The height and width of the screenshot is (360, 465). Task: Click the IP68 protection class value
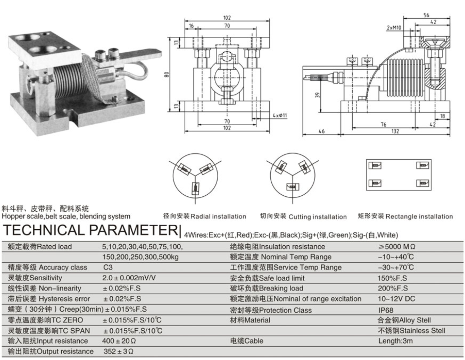[x=386, y=310]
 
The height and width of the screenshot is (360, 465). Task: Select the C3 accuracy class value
[x=108, y=267]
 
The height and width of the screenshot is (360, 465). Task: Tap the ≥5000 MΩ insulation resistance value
[x=397, y=247]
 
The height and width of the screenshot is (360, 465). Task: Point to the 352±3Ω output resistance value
[x=118, y=351]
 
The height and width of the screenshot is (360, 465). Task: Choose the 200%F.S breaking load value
[x=393, y=288]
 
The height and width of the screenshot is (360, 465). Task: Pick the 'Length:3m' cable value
[x=396, y=341]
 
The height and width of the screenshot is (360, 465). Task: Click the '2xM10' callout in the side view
[x=394, y=28]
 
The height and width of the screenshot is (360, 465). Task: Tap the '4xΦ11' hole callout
[x=280, y=115]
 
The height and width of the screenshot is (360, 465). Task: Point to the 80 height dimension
[x=167, y=75]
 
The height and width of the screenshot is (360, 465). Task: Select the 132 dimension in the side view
[x=395, y=131]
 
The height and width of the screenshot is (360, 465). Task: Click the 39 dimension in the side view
[x=318, y=95]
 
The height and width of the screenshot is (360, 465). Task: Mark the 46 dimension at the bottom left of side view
[x=321, y=131]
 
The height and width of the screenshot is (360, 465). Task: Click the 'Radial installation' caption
[x=218, y=216]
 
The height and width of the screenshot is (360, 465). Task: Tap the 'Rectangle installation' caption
[x=419, y=216]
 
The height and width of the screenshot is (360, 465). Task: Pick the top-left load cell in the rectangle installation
[x=375, y=165]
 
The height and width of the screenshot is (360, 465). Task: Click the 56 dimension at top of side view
[x=427, y=15]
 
